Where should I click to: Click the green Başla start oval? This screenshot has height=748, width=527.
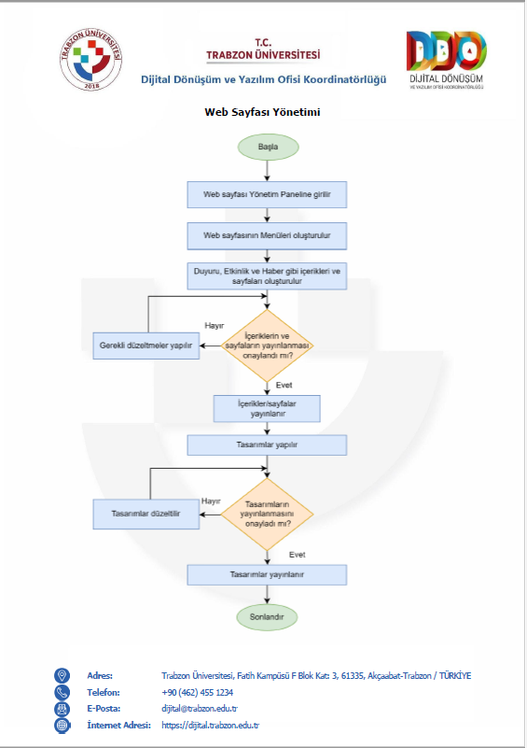(x=269, y=147)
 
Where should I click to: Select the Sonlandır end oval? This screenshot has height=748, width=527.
(x=267, y=617)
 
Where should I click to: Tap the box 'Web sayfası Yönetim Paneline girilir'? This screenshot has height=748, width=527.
(x=267, y=194)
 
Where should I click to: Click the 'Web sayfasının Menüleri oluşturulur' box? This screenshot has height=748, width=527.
(x=267, y=235)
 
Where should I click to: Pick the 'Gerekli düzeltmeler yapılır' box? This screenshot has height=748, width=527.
(x=146, y=346)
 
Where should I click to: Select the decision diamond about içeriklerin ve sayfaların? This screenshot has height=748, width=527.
(x=267, y=346)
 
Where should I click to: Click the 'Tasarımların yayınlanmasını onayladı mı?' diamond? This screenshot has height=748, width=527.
(x=267, y=515)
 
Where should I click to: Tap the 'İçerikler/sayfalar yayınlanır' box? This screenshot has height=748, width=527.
(x=267, y=409)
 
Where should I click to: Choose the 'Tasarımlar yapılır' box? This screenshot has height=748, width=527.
(x=267, y=445)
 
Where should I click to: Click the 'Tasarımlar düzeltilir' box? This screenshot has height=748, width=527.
(x=146, y=514)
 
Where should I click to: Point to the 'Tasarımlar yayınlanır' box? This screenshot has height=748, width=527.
(x=267, y=575)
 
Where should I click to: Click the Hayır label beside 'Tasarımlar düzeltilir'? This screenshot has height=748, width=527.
(x=211, y=501)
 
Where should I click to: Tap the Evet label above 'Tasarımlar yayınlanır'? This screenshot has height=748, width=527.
(x=297, y=555)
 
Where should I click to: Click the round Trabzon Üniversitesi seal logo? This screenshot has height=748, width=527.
(x=91, y=59)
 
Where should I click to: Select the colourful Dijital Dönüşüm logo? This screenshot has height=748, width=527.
(x=447, y=60)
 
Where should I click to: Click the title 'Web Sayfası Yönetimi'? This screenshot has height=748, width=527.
(x=262, y=112)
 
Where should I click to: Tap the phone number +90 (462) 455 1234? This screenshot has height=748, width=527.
(x=197, y=692)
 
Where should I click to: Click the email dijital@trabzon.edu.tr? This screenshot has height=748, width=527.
(x=200, y=709)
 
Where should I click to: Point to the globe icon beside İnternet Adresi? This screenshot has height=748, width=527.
(x=62, y=725)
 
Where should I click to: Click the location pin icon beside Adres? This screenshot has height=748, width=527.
(x=62, y=675)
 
